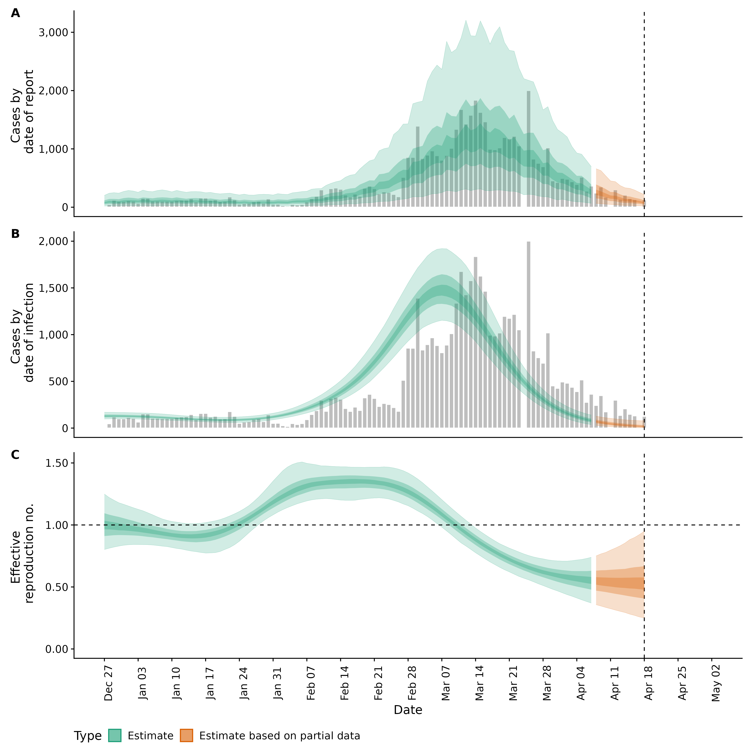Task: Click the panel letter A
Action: pos(15,13)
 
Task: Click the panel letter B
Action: pos(15,234)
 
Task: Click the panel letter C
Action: pos(15,455)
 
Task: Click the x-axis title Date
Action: pos(408,710)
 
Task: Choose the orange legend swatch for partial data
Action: pos(186,736)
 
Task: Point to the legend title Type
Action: pos(88,736)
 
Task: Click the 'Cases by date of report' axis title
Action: pos(22,112)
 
